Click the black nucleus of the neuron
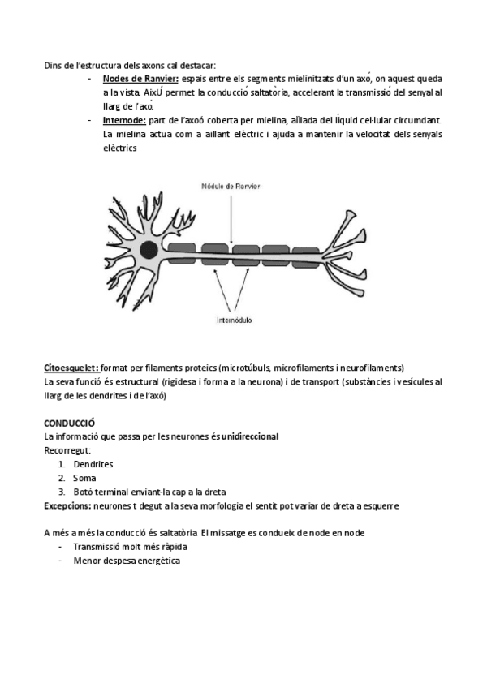click(149, 249)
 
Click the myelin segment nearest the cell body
click(183, 247)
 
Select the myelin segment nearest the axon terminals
click(305, 253)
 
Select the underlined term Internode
click(129, 119)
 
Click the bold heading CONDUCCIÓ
click(70, 423)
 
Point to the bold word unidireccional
click(250, 436)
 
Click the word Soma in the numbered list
click(84, 478)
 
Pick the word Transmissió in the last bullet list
click(97, 546)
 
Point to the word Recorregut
click(67, 450)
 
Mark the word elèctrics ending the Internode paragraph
click(120, 148)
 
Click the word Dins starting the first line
click(53, 67)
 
